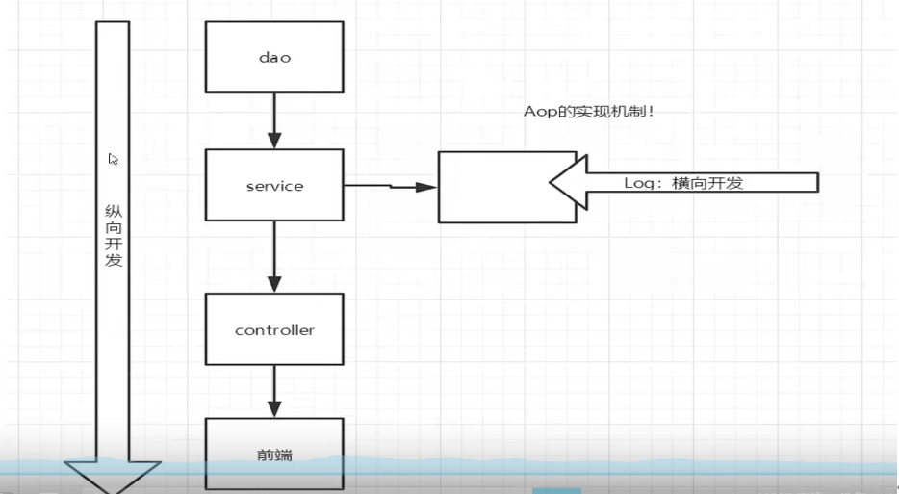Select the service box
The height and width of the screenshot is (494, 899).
click(274, 185)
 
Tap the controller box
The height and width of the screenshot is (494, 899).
click(274, 330)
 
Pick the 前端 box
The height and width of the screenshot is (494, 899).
click(274, 453)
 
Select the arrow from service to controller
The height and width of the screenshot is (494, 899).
click(274, 258)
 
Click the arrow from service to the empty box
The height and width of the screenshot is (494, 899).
click(390, 186)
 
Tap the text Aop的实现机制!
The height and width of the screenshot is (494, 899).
click(590, 113)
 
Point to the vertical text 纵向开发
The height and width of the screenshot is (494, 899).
click(114, 235)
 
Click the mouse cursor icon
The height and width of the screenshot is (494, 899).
click(114, 160)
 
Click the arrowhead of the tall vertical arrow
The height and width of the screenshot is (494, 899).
click(113, 478)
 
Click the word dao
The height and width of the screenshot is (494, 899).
click(274, 57)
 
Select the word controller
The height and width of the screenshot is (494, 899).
click(274, 330)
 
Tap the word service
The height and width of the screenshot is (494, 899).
click(274, 186)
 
